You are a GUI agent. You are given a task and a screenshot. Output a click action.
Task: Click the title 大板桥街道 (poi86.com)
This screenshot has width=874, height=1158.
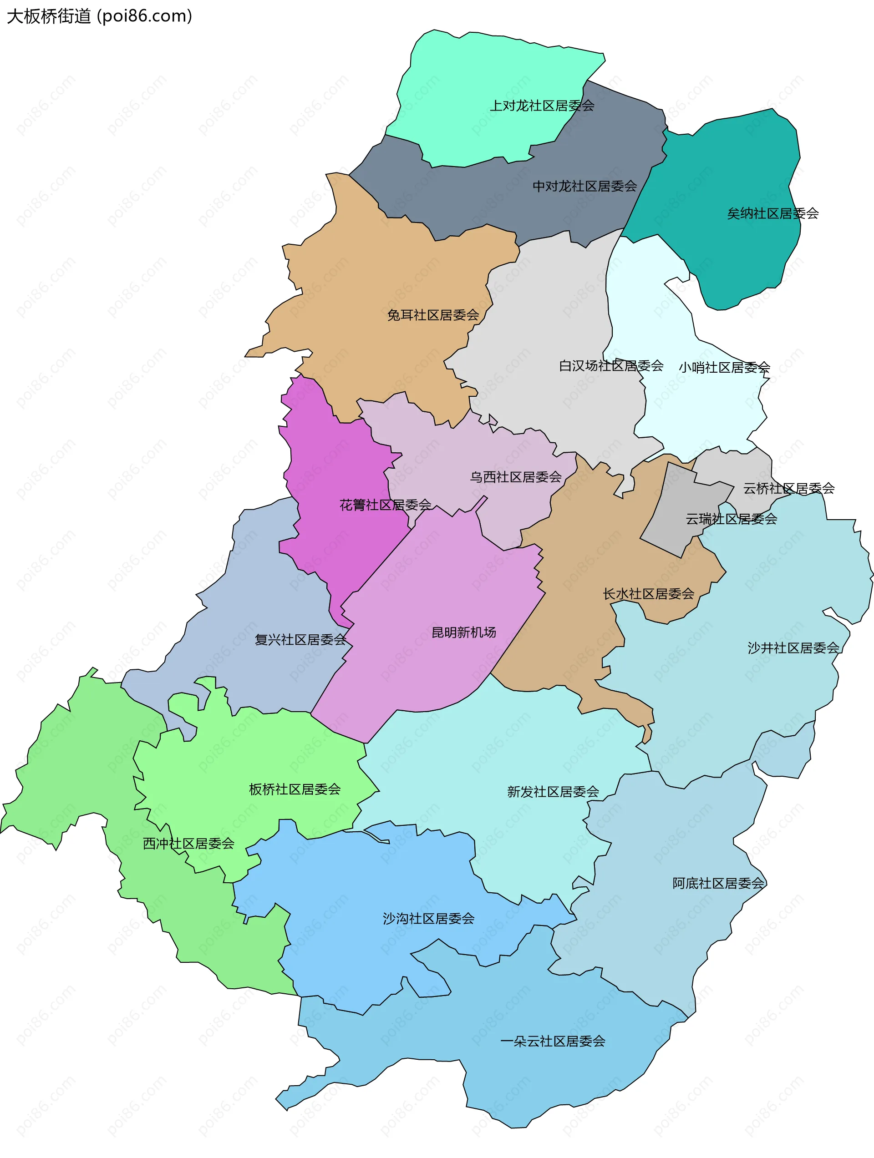(x=100, y=16)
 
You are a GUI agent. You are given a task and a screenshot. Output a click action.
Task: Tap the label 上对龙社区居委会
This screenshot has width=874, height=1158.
(x=542, y=106)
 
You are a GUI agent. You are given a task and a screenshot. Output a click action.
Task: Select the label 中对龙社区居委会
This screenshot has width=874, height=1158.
(x=584, y=186)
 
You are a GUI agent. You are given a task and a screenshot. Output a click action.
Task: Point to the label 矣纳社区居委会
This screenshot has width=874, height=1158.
(x=772, y=213)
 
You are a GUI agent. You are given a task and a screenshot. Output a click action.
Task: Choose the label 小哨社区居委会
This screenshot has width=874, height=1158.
(x=724, y=367)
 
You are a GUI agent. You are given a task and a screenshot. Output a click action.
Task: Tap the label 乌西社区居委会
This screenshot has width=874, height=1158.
(x=515, y=476)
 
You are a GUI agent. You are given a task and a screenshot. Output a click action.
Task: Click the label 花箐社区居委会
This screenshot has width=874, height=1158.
(x=385, y=505)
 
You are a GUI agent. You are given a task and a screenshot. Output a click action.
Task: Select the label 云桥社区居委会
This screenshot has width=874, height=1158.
(x=788, y=488)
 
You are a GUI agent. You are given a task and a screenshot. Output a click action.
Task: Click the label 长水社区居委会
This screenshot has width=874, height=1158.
(x=648, y=593)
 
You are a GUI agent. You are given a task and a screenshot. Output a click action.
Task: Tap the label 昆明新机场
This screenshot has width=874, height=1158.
(x=463, y=632)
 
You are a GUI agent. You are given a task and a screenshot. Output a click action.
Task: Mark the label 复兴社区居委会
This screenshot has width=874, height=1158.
(x=300, y=639)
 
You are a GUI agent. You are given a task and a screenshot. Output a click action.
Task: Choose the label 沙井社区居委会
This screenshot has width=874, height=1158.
(x=793, y=647)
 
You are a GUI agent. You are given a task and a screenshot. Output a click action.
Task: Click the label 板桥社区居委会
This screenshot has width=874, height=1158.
(x=295, y=789)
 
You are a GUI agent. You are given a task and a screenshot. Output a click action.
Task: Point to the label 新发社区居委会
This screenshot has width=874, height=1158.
(x=553, y=792)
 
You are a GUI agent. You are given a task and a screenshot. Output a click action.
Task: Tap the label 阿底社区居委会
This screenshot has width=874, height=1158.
(x=718, y=883)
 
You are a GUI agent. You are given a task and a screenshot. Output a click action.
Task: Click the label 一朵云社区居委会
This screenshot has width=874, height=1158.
(x=553, y=1041)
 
